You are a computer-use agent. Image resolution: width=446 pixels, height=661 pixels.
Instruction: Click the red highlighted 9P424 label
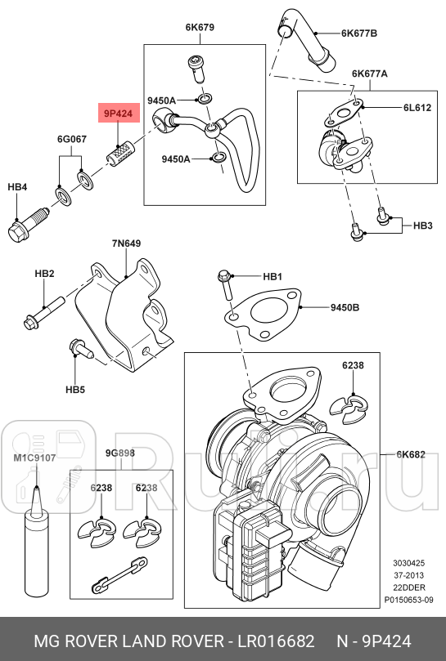117,114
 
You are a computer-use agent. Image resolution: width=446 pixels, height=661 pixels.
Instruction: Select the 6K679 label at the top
200,27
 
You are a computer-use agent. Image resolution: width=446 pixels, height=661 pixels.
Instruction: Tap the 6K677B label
358,33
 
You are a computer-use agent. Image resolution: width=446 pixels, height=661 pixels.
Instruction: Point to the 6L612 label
416,108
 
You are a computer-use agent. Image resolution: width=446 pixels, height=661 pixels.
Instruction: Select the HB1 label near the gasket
272,277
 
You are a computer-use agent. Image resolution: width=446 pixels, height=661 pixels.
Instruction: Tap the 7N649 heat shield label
126,243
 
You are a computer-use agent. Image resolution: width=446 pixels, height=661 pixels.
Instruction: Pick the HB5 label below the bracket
74,390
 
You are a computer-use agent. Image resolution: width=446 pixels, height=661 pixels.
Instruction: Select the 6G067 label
71,139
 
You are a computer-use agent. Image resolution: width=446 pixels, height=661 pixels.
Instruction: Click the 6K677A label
369,73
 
